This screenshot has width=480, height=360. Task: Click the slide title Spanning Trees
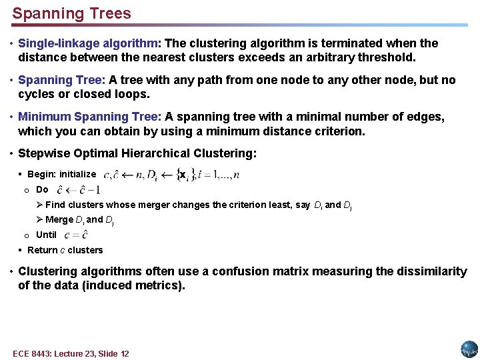tap(72, 13)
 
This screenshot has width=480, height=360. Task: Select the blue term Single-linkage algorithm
tap(88, 43)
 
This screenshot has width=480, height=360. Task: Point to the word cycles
tap(36, 95)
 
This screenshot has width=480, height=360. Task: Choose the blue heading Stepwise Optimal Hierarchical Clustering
tap(135, 153)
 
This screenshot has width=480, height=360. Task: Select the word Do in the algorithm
tap(42, 189)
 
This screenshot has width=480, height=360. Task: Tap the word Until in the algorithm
tap(46, 235)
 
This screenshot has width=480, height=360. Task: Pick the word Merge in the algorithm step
tap(59, 219)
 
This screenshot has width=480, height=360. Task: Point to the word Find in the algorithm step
tap(55, 205)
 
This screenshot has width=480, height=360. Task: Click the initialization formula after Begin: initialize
tap(171, 174)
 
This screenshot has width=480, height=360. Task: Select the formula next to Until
tap(76, 235)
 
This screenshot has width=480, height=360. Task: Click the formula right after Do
tap(78, 190)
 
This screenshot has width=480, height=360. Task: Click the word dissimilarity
tap(432, 271)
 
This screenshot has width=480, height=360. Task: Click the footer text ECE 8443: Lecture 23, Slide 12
tap(71, 353)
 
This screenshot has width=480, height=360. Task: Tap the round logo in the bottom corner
tap(469, 349)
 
